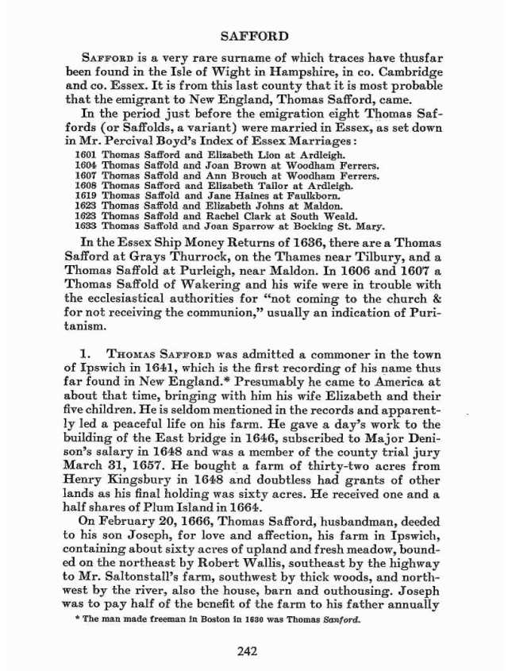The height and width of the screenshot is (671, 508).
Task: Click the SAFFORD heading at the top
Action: (x=253, y=36)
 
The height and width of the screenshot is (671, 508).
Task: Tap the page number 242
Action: (x=253, y=653)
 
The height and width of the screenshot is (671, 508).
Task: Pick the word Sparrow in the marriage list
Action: (x=252, y=226)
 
